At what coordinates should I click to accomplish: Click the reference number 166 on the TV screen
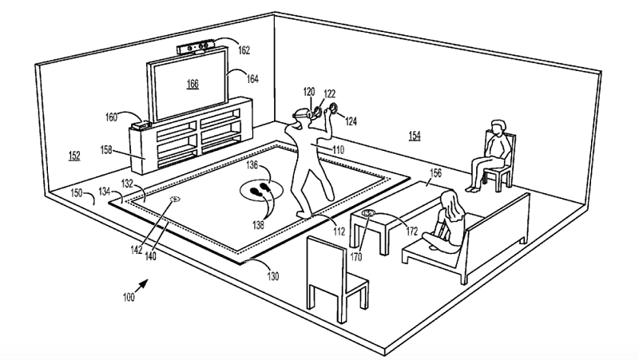[x=192, y=83]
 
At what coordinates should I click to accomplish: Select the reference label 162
[x=244, y=50]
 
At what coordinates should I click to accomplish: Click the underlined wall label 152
[x=73, y=156]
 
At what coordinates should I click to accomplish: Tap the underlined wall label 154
[x=415, y=136]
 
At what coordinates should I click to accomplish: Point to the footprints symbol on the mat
[x=262, y=191]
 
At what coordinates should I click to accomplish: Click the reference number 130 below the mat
[x=273, y=276]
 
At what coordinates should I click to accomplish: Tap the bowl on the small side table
[x=369, y=213]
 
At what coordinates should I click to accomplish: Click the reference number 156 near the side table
[x=435, y=172]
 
